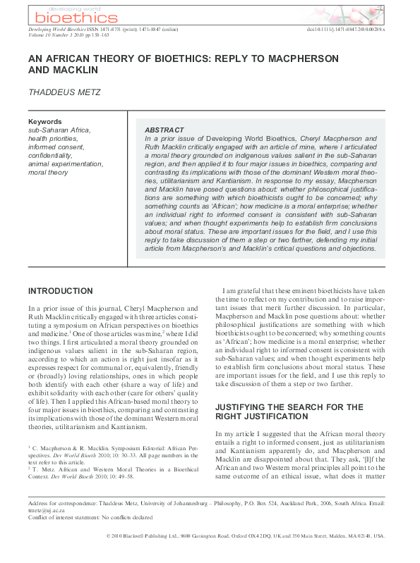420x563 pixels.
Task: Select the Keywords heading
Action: pyautogui.click(x=44, y=122)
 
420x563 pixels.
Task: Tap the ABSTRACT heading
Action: pyautogui.click(x=164, y=131)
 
